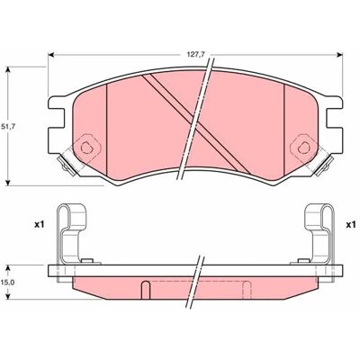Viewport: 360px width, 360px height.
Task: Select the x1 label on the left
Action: click(39, 225)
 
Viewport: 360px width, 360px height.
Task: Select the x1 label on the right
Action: click(350, 225)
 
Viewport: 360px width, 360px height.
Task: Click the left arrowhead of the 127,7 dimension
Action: click(51, 55)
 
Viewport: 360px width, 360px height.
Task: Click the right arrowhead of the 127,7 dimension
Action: click(339, 55)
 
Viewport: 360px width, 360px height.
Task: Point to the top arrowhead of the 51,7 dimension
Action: click(8, 69)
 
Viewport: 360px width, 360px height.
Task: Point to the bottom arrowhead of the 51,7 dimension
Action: click(8, 183)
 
